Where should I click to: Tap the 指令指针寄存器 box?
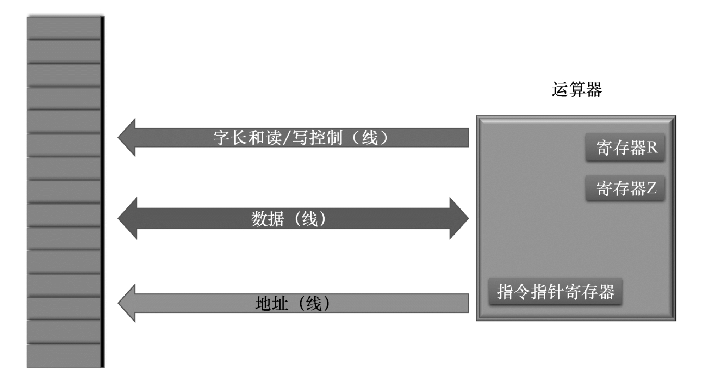555,293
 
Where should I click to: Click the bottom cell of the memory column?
64,356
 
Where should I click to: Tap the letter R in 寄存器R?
653,149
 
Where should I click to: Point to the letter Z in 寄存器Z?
652,189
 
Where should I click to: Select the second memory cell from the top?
64,51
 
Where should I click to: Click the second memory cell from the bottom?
64,332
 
